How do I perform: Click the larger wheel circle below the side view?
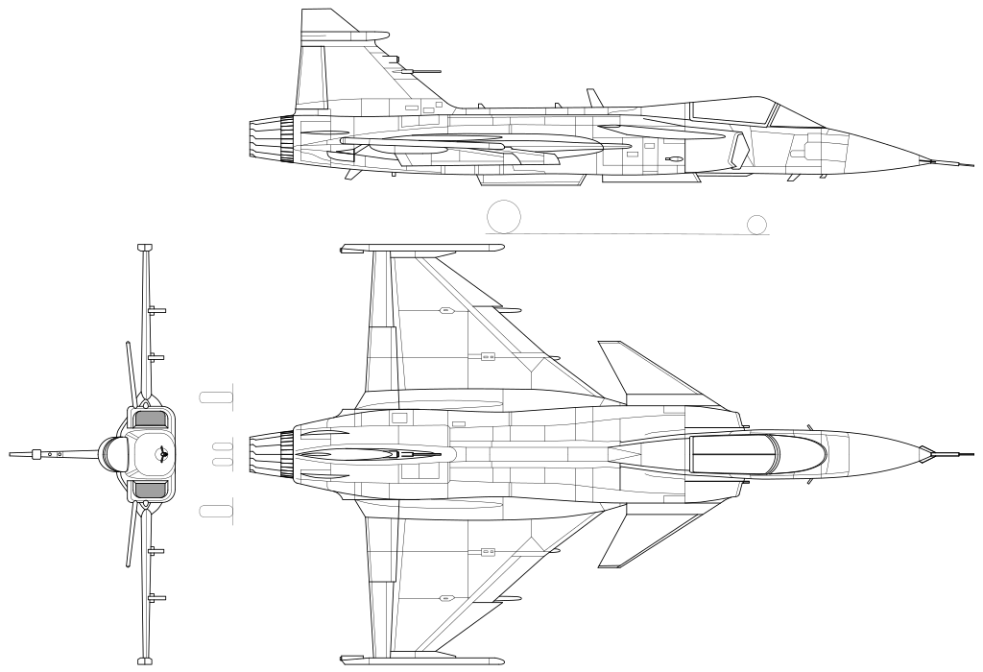point(503,217)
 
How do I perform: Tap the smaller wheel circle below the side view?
point(757,224)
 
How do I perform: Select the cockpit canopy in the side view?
point(734,111)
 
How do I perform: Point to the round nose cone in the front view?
point(116,453)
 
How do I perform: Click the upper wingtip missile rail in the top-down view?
point(422,249)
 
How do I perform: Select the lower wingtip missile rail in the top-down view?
point(422,658)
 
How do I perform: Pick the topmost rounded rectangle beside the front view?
point(216,396)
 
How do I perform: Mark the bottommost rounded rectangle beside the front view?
point(216,510)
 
